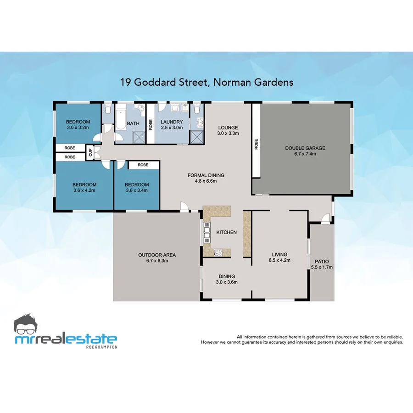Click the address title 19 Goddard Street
[x=206, y=83]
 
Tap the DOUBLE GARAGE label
[x=305, y=148]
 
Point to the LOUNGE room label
[x=228, y=128]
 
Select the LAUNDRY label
[x=172, y=122]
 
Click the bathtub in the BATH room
[x=121, y=118]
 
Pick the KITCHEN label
[x=226, y=232]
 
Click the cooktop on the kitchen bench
[x=218, y=252]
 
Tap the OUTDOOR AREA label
[x=157, y=255]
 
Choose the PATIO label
[x=321, y=262]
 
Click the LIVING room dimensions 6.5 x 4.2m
[x=279, y=260]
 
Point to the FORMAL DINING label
[x=206, y=175]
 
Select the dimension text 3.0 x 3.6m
[x=227, y=282]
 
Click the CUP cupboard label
[x=90, y=152]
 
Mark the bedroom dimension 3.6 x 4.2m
[x=84, y=190]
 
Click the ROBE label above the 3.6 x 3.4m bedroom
[x=143, y=165]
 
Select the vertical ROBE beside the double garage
[x=257, y=145]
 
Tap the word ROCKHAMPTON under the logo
[x=102, y=347]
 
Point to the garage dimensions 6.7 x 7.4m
[x=305, y=154]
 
